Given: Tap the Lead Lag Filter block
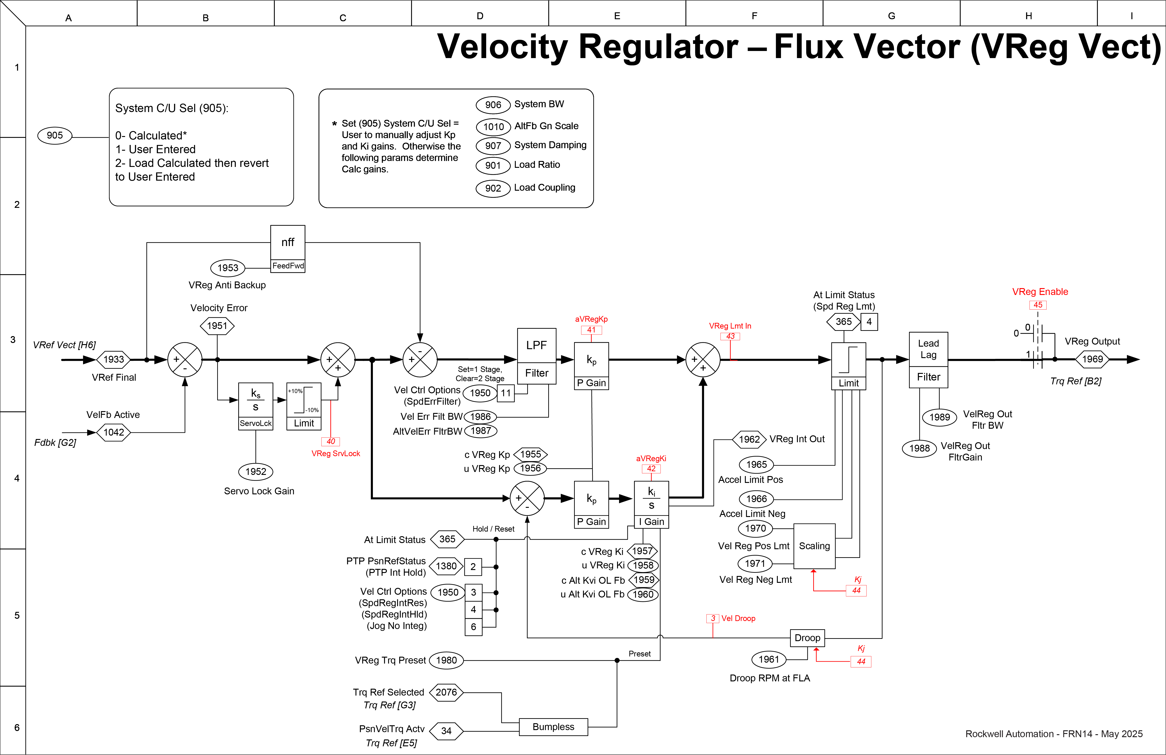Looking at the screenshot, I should pos(928,360).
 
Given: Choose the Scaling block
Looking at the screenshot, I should pos(814,546).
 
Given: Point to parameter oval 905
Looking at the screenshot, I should pos(55,135).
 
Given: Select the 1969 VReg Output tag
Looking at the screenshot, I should pos(1092,359).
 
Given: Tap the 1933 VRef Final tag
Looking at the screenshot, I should pos(114,359).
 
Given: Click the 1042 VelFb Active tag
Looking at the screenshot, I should pos(114,432).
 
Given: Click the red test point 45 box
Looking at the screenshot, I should pos(1038,305).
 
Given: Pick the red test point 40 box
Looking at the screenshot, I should pos(331,442).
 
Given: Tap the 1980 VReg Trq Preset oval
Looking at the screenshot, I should pos(446,660).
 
